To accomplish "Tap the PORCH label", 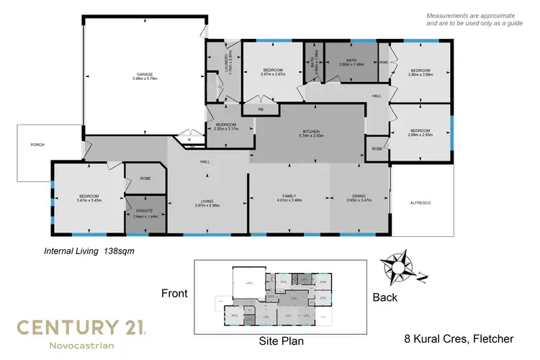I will click(x=37, y=145).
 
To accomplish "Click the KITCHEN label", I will click(x=311, y=130).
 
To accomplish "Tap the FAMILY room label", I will click(x=289, y=196).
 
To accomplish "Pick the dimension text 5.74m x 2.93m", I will click(x=311, y=135).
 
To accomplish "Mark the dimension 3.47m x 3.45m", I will click(x=89, y=201).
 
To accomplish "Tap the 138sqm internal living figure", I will click(x=120, y=252).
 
